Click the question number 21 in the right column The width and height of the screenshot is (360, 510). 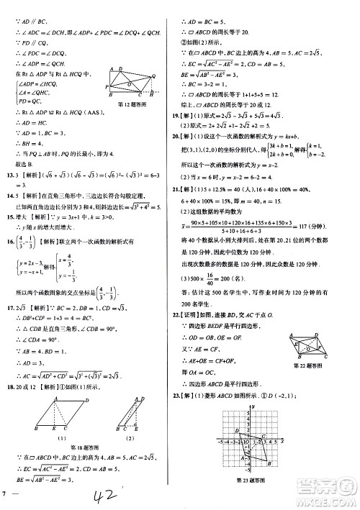pos(186,188)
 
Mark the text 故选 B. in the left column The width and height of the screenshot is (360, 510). pos(17,191)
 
